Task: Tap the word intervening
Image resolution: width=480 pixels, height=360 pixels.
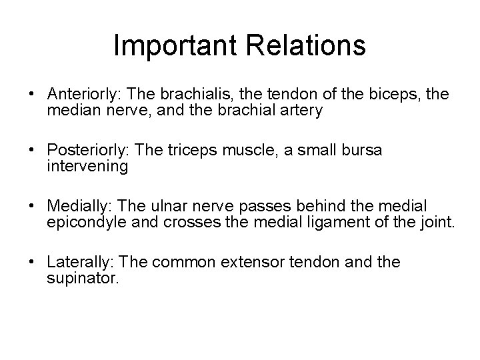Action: click(87, 167)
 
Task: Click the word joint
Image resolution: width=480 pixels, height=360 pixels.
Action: click(437, 223)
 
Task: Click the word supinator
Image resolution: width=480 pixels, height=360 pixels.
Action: click(83, 279)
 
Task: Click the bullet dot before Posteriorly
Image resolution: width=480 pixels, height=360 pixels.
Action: click(33, 151)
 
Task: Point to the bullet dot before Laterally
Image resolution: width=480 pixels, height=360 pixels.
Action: click(33, 263)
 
